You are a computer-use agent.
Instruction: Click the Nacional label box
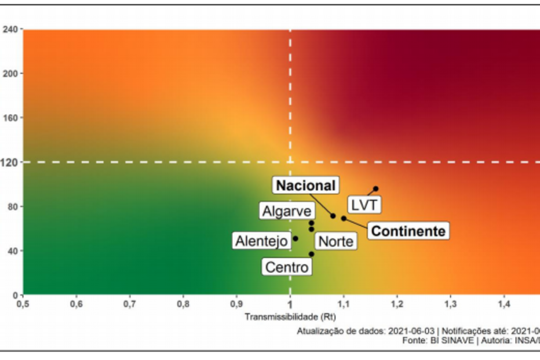(305, 186)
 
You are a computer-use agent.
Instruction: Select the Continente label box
(408, 231)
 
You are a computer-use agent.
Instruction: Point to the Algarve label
(287, 211)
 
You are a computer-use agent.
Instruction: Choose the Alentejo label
(261, 241)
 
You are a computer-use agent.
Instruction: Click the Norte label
(335, 241)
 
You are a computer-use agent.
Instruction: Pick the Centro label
(287, 267)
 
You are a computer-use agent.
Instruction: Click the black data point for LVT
(375, 188)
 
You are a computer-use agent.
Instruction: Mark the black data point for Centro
(311, 254)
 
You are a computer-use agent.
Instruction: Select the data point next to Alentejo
(295, 238)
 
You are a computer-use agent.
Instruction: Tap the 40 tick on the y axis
(13, 251)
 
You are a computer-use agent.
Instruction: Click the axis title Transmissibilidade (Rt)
(290, 317)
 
